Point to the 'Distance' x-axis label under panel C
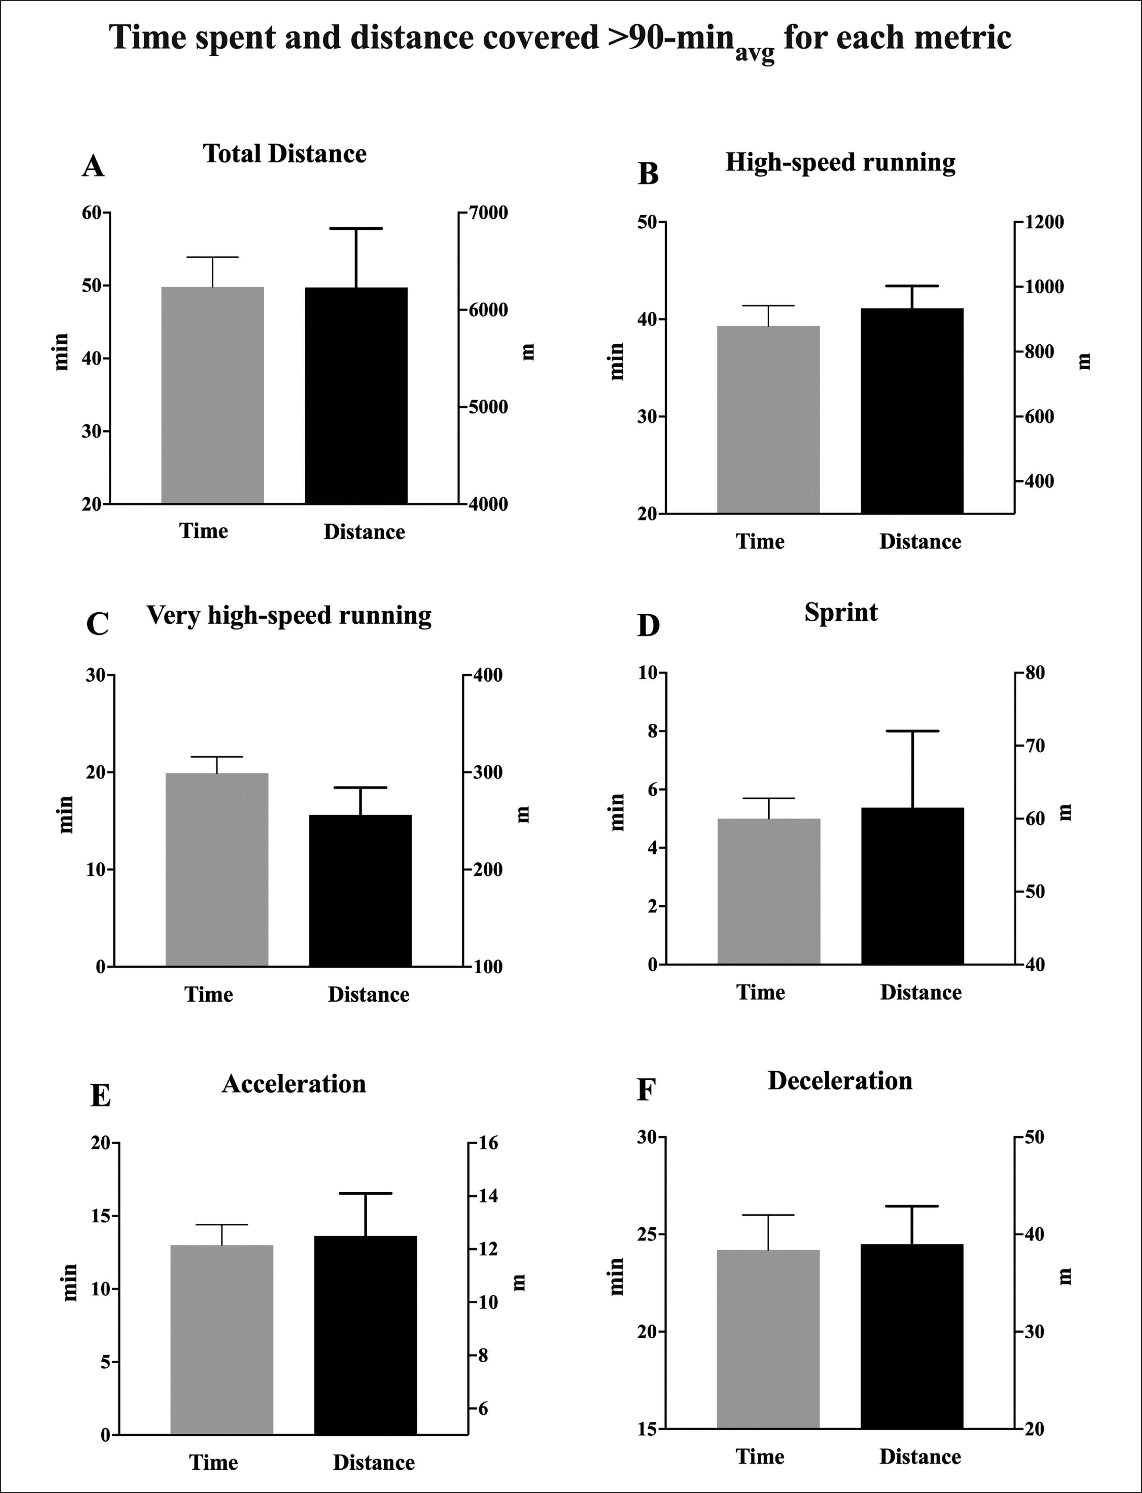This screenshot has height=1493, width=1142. [x=368, y=995]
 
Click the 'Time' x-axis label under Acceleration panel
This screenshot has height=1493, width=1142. [x=213, y=1463]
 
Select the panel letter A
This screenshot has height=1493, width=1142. [x=93, y=166]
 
